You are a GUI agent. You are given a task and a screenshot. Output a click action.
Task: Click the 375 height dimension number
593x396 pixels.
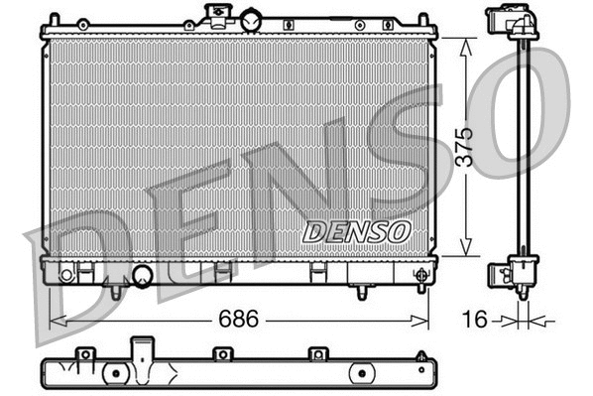tap(479, 146)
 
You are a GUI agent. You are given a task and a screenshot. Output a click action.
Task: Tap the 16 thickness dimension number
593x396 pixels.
tap(476, 320)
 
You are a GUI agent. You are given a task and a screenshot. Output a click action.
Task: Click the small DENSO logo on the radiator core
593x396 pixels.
tap(356, 231)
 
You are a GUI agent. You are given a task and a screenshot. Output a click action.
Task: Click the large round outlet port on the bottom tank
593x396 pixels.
tap(142, 275)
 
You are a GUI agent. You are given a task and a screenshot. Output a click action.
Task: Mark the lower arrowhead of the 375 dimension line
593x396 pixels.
tap(461, 250)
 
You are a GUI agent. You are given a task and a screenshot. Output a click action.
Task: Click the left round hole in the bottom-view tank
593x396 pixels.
tap(116, 373)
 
